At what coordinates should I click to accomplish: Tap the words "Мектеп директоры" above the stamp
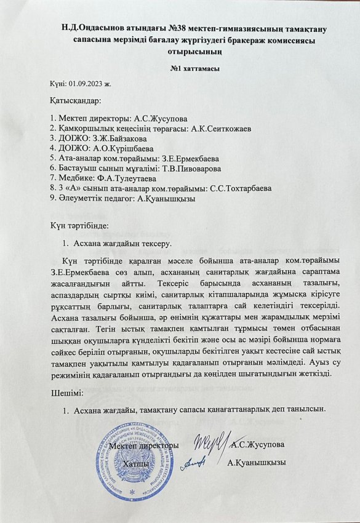point(143,444)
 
